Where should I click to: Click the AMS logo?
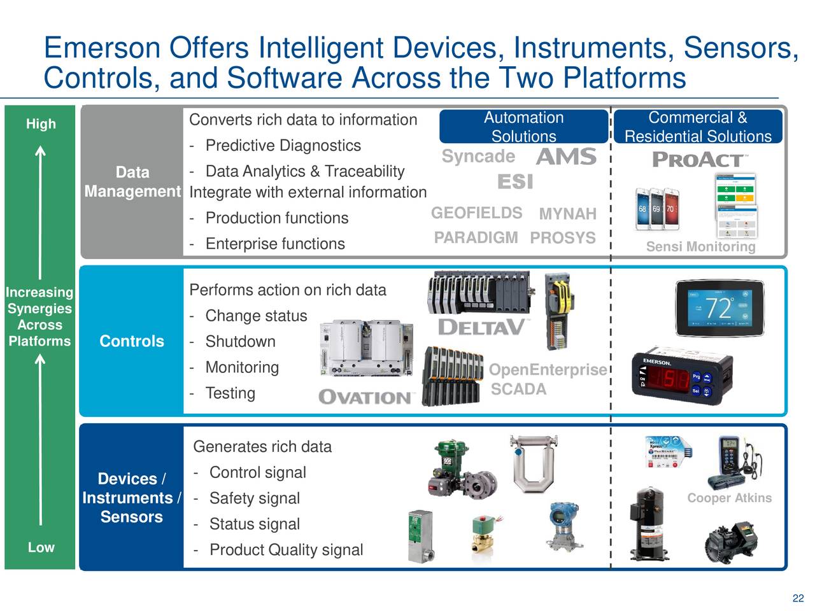566,157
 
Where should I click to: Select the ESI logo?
514,182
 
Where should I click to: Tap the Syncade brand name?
478,157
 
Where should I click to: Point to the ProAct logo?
699,160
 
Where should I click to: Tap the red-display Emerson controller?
674,377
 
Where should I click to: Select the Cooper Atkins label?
729,498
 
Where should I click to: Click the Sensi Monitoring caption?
700,247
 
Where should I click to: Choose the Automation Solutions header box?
523,127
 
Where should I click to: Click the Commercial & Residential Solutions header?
698,127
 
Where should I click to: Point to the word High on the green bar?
41,124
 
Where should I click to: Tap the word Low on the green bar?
41,547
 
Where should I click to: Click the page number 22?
798,598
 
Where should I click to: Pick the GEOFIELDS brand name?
476,213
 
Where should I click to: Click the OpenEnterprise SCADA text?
547,379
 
